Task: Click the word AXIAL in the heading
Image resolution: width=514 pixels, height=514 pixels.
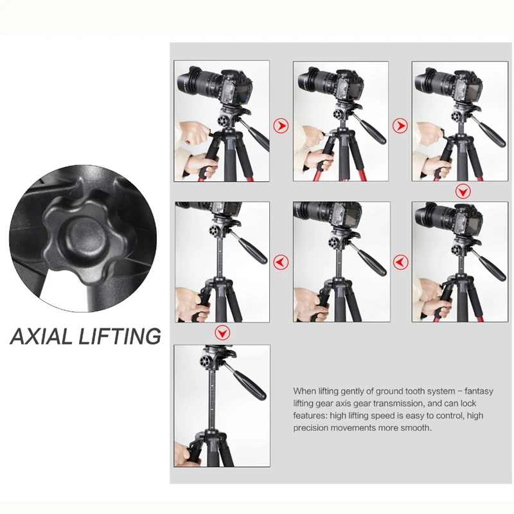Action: [41, 336]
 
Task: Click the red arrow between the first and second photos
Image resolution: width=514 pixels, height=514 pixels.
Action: [281, 125]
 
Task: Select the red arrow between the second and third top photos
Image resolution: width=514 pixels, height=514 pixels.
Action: [400, 125]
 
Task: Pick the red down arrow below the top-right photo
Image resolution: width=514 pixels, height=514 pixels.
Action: [463, 191]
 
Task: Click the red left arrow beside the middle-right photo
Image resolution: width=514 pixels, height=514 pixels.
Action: [400, 262]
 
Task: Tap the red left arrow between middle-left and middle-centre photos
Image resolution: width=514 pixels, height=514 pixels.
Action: [281, 262]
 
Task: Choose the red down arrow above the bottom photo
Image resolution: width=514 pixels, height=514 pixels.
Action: [222, 333]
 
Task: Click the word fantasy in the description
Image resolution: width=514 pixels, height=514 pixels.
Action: [479, 391]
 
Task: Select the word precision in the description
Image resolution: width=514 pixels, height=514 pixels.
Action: [310, 428]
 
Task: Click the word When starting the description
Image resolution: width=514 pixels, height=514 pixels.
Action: [305, 391]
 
